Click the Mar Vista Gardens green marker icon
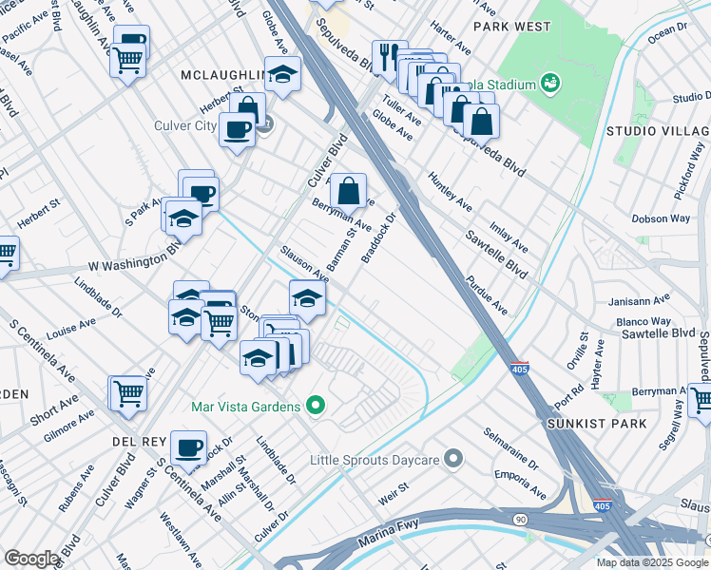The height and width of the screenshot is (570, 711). [x=316, y=407]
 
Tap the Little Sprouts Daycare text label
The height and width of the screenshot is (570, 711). [x=374, y=461]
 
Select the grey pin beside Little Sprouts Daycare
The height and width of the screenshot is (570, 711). [x=453, y=460]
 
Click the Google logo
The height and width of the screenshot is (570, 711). [x=31, y=559]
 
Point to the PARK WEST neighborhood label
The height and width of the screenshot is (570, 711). [x=511, y=27]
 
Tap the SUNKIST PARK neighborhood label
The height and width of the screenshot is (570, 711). [x=596, y=423]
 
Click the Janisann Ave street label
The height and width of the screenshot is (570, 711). [x=638, y=301]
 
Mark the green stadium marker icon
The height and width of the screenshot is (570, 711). [x=548, y=85]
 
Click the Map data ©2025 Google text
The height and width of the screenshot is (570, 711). [x=651, y=562]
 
